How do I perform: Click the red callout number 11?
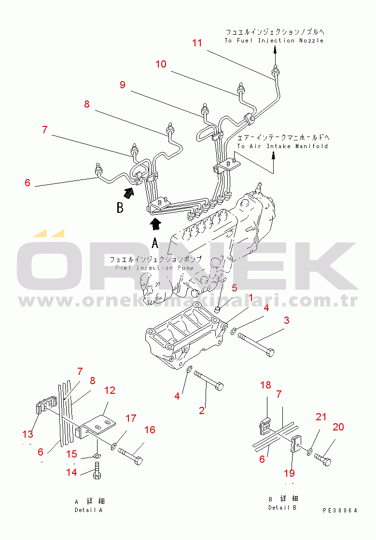click(x=197, y=42)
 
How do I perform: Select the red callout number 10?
click(x=161, y=64)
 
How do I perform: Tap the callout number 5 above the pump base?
click(x=235, y=288)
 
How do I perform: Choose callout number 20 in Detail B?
click(x=338, y=427)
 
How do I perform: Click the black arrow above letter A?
click(x=155, y=223)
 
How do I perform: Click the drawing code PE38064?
click(x=340, y=510)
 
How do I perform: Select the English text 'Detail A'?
click(x=88, y=510)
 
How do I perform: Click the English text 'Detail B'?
click(x=282, y=507)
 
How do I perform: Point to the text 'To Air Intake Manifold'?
click(x=282, y=146)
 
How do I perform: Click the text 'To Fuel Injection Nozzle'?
click(x=274, y=41)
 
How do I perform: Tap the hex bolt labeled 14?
click(x=97, y=470)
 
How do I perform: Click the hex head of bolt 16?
click(x=138, y=459)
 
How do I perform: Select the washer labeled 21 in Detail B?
click(x=310, y=454)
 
